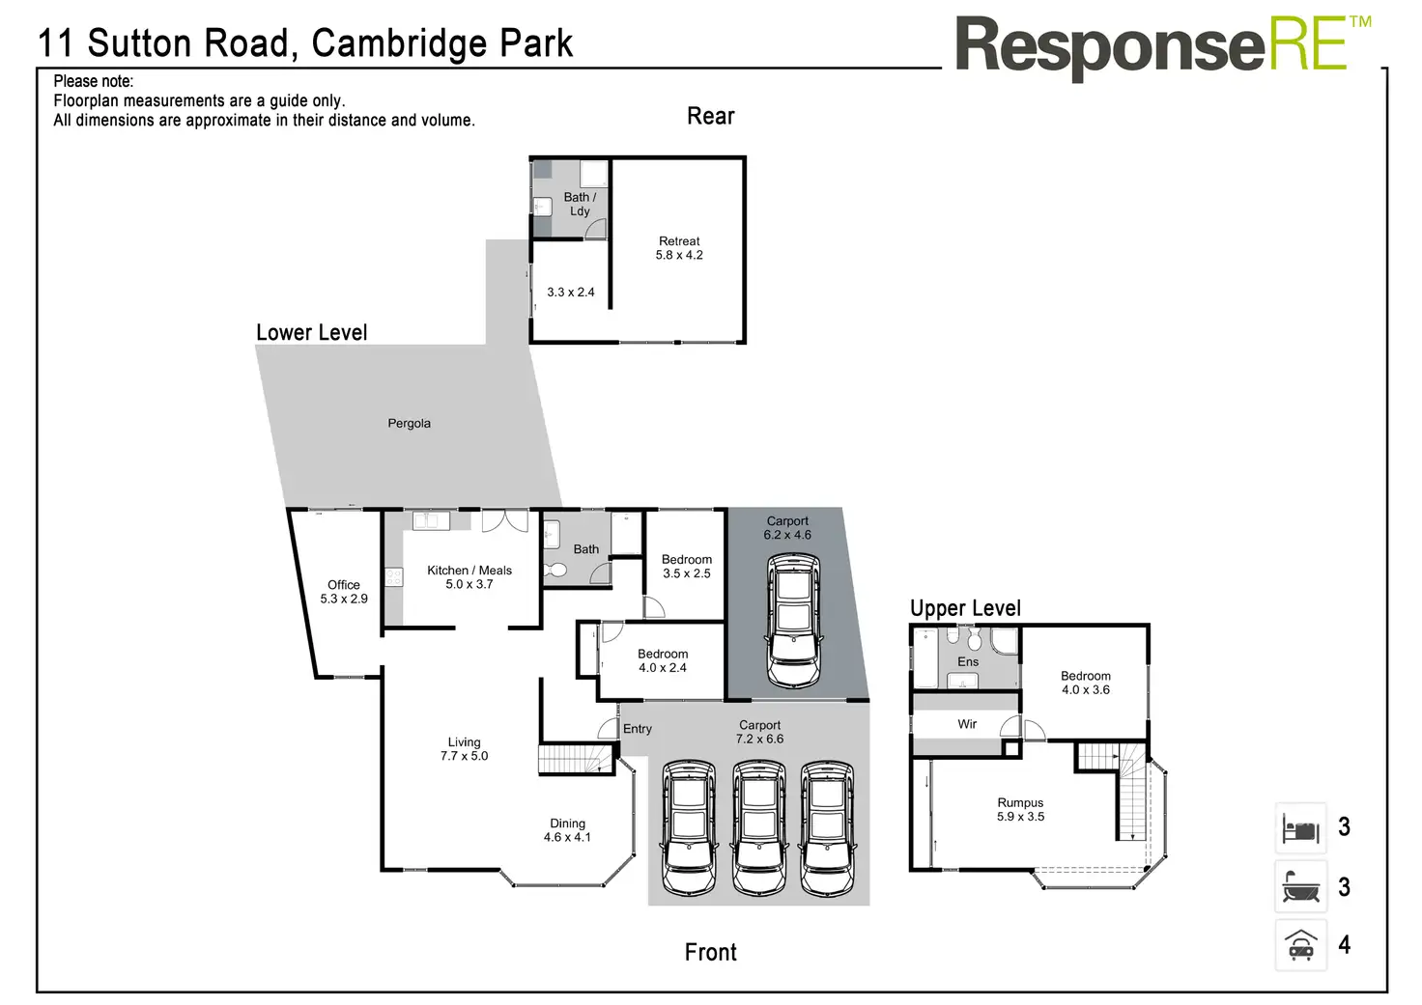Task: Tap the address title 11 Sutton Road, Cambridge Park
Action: (x=305, y=43)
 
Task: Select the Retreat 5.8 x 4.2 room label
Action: (x=679, y=248)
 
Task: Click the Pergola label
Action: (x=409, y=423)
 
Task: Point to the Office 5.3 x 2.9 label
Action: (x=344, y=592)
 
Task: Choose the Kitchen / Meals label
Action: (x=469, y=576)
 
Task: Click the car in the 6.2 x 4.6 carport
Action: (x=792, y=619)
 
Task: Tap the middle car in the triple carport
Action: (x=758, y=827)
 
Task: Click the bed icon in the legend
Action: (x=1300, y=827)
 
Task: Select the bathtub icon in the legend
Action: (x=1300, y=887)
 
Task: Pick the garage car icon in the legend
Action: (x=1300, y=944)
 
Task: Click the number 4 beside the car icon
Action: (x=1344, y=944)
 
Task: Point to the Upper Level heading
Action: (x=965, y=608)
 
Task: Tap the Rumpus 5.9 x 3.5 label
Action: (x=1020, y=809)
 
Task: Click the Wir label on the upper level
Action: (x=967, y=724)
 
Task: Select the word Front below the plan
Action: (x=710, y=952)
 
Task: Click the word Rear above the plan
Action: (x=710, y=116)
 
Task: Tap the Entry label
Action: (x=637, y=729)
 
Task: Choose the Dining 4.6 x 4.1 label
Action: (x=567, y=830)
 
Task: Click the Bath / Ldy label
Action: (x=580, y=204)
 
